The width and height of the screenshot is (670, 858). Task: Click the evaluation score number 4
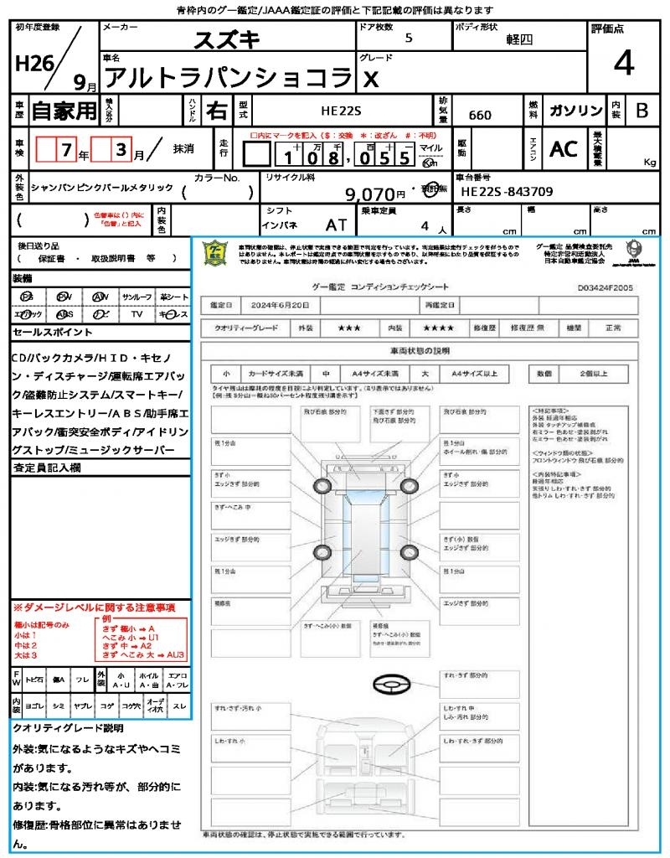pos(623,64)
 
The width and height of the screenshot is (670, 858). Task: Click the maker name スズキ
pos(228,39)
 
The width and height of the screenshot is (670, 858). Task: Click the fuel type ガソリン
pos(575,111)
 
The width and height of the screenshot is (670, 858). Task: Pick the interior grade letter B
pos(642,111)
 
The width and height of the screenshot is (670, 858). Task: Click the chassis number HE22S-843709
pos(507,192)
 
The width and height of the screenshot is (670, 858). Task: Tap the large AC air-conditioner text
pos(564,149)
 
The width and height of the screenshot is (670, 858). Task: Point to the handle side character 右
pos(216,111)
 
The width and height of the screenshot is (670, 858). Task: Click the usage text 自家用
pos(64,111)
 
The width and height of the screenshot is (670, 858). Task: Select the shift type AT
pos(337,225)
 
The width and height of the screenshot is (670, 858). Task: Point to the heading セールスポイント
pos(47,333)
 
